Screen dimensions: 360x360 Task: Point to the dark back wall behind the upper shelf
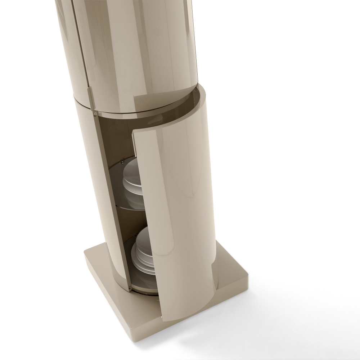[115, 144]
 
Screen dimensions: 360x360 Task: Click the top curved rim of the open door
[169, 104]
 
